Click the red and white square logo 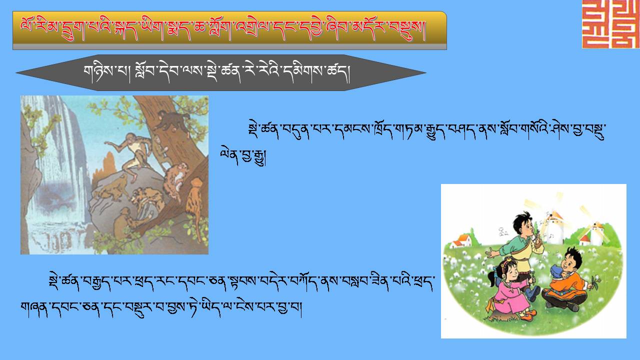(x=611, y=24)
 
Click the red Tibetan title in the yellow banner (x=223, y=29)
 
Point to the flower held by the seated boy (x=595, y=282)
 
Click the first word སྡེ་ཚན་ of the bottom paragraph (x=63, y=282)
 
